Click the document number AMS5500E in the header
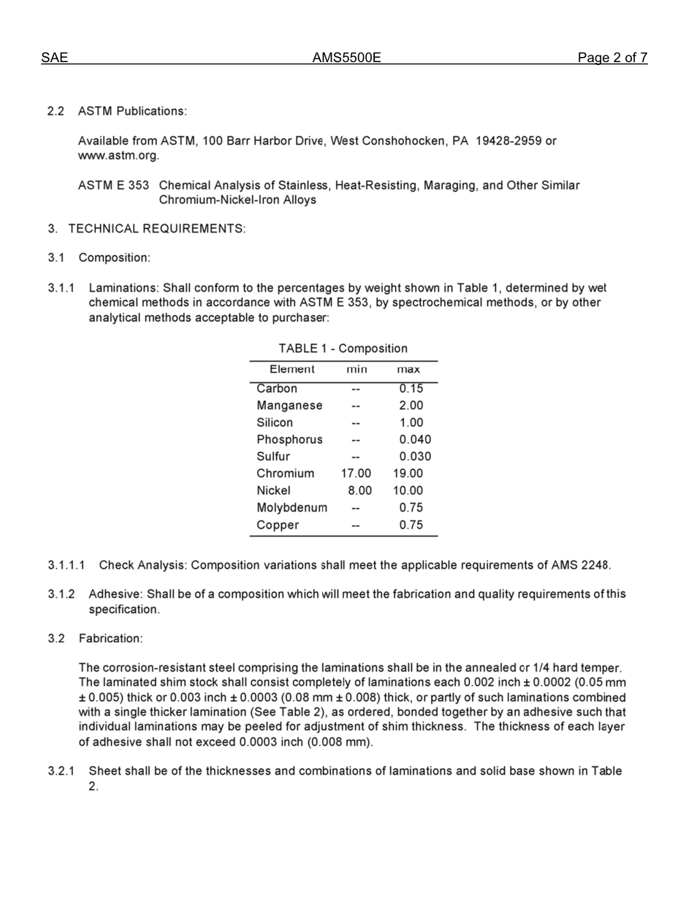pos(346,58)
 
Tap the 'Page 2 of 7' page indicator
pos(612,58)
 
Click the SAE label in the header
pos(54,58)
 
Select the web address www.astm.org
pos(118,156)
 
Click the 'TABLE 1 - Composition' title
pos(343,349)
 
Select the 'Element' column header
pos(292,370)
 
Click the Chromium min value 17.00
pos(356,474)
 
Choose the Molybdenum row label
pos(291,508)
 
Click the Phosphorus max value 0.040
pos(414,440)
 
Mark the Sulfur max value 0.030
pos(414,457)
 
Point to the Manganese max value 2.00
pos(411,406)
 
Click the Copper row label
pos(278,525)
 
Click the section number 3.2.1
pos(62,771)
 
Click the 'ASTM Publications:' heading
pos(133,111)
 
